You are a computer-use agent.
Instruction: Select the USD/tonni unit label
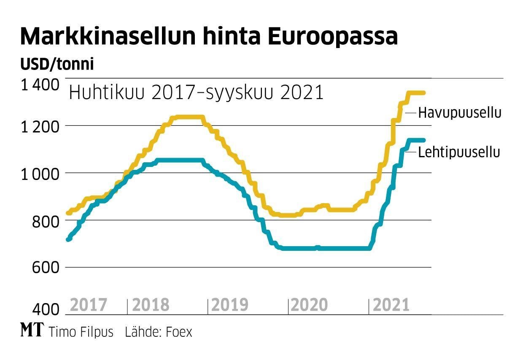point(57,65)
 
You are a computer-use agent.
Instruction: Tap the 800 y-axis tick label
point(45,220)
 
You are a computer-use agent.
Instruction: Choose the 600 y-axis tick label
point(45,268)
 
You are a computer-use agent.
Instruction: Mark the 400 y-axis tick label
point(45,310)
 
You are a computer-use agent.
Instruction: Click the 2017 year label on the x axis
point(89,305)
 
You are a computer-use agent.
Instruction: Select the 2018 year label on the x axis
point(151,305)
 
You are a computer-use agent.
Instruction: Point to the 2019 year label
point(229,305)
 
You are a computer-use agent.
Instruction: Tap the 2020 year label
point(309,305)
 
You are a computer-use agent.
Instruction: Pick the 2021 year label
point(391,305)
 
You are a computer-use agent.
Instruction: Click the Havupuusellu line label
point(460,113)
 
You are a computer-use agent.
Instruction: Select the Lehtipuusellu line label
point(459,152)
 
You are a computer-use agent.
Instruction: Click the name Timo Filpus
point(81,332)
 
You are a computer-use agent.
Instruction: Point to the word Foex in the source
point(179,332)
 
